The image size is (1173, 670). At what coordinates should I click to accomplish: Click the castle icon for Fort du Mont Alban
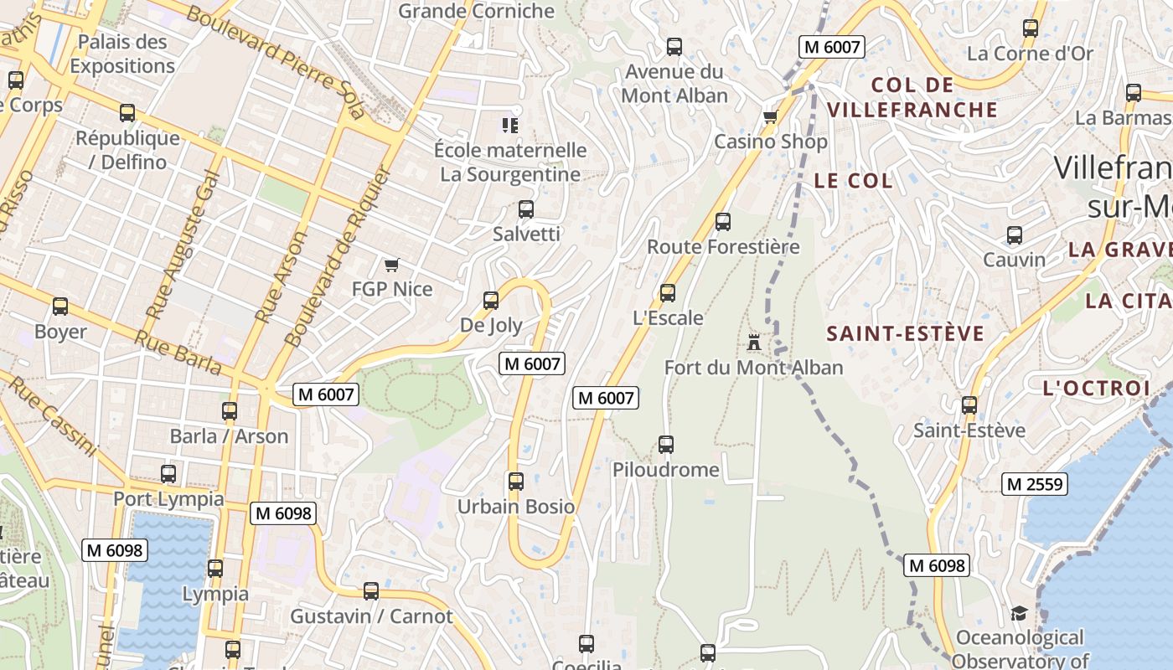[x=754, y=342]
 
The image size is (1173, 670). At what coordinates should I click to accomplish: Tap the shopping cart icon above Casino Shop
[x=770, y=116]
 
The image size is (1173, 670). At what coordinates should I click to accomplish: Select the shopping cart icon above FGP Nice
[x=391, y=265]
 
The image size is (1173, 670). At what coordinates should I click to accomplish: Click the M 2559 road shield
[x=1035, y=483]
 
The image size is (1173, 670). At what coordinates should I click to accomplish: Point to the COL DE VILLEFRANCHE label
[x=912, y=97]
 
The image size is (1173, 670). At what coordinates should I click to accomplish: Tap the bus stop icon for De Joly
[x=491, y=300]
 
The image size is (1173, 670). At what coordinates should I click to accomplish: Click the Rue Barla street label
[x=178, y=352]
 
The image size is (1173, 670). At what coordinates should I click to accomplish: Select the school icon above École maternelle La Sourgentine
[x=509, y=126]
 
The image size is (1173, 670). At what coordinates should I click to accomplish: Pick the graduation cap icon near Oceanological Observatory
[x=1019, y=614]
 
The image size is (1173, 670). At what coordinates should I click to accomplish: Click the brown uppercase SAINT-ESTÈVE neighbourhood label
[x=906, y=334]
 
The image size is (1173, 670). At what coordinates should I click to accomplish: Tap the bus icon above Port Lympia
[x=168, y=474]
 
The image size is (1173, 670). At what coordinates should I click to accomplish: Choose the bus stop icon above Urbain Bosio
[x=516, y=482]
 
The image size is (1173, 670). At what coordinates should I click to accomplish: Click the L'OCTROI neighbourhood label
[x=1097, y=388]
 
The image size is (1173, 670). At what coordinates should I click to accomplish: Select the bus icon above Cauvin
[x=1015, y=234]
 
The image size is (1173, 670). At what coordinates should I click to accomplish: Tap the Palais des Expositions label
[x=122, y=54]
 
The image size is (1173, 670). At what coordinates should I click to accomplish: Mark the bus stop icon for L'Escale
[x=668, y=293]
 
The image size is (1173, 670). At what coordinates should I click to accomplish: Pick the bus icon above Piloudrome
[x=666, y=445]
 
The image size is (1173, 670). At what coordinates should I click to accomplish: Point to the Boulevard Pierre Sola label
[x=276, y=61]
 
